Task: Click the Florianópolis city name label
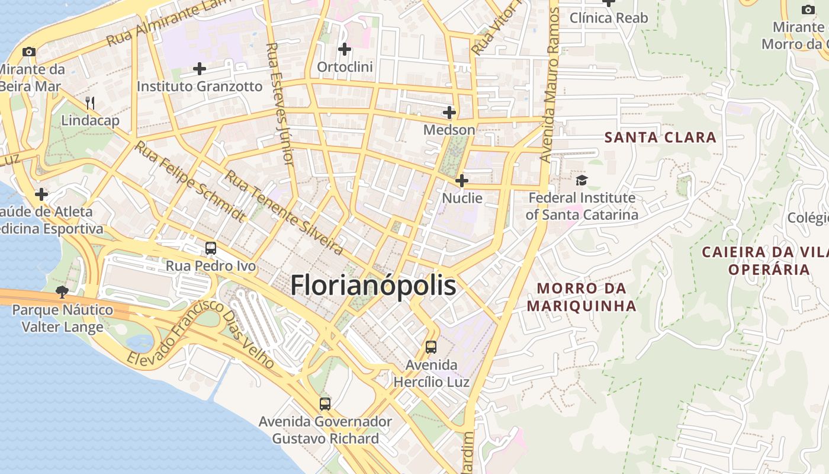[x=373, y=286]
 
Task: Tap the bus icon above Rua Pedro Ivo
[x=211, y=248]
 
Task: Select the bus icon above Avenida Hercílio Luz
[x=431, y=347]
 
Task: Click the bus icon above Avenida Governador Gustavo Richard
[x=325, y=404]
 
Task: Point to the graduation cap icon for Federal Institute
[x=581, y=180]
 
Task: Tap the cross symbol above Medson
[x=449, y=112]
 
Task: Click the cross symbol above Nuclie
[x=462, y=180]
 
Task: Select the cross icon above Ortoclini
[x=345, y=49]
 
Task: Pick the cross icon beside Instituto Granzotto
[x=200, y=69]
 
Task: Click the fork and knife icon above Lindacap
[x=90, y=103]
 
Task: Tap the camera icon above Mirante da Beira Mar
[x=29, y=52]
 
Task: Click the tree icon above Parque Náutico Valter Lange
[x=62, y=292]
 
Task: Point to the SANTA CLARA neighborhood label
[x=660, y=137]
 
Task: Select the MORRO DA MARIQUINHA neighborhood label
[x=581, y=297]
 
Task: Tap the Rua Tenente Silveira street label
[x=284, y=212]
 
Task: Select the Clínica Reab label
[x=609, y=18]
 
